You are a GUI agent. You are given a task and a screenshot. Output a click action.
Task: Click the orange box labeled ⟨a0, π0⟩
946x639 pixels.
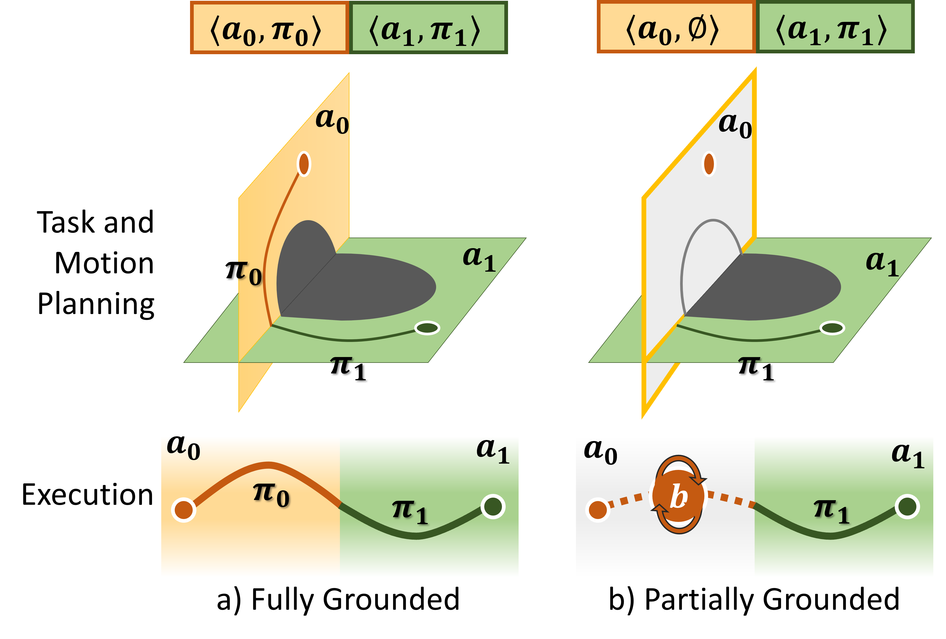coord(269,28)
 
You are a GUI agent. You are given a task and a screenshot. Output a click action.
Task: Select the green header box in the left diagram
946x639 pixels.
coord(428,28)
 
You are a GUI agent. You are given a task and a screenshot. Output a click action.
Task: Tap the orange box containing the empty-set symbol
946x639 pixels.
coord(676,28)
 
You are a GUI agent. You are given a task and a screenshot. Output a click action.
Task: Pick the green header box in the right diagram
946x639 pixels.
coord(834,28)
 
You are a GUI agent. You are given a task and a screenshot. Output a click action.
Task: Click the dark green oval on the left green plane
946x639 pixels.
coord(427,328)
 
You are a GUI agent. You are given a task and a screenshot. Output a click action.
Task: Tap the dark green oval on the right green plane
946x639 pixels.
coord(832,328)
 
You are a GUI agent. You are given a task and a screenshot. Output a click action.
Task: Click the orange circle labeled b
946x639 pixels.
coord(679,496)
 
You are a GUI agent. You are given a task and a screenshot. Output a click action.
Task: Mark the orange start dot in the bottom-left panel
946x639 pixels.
coord(184,510)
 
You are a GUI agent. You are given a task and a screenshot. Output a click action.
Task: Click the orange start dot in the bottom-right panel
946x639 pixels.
coord(598,510)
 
